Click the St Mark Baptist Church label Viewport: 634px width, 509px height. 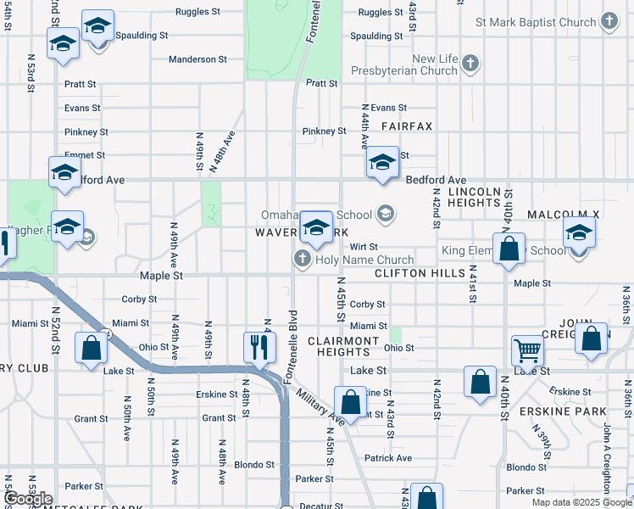[536, 22]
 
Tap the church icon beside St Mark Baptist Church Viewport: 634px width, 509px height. [609, 22]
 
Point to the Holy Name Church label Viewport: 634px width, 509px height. [364, 260]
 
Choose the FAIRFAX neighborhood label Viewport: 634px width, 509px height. [406, 126]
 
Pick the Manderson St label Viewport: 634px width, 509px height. [197, 59]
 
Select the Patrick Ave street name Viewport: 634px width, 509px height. [388, 458]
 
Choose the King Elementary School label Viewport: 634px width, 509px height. [503, 251]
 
